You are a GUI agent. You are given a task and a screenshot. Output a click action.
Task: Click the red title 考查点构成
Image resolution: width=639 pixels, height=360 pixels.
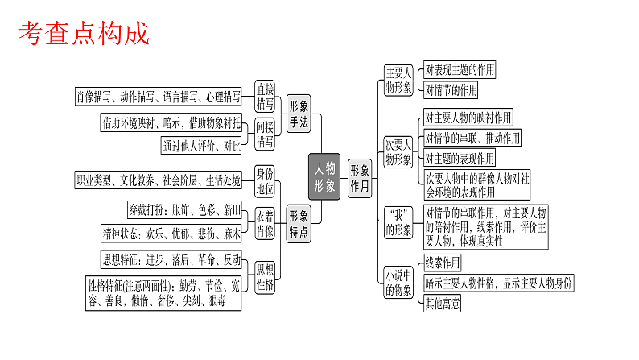point(84,33)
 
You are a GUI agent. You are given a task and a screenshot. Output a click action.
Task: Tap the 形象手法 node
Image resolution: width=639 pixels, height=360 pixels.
point(299,114)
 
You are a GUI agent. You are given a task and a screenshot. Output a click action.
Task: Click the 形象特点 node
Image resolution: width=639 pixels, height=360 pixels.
point(299,224)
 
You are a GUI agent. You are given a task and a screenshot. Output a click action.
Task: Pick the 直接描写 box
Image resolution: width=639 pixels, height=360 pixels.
point(265,97)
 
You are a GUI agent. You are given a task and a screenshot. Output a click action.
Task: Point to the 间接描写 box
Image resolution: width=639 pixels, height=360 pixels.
point(265,133)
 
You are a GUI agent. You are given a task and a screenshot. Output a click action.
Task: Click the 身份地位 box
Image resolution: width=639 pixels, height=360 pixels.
point(265,180)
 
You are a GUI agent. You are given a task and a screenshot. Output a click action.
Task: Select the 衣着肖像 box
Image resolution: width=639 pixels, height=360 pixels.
point(265,222)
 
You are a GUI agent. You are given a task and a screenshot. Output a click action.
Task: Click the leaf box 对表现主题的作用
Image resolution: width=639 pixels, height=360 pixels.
point(460,70)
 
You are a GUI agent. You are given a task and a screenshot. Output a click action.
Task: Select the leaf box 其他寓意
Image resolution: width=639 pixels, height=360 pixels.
point(443,304)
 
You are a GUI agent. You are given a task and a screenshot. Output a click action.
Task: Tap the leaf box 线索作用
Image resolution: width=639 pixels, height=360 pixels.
point(443,263)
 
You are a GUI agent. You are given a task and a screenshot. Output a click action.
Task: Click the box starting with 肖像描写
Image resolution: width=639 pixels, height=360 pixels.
point(158,97)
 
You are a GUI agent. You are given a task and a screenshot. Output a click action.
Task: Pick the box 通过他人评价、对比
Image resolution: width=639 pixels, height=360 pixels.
point(201,146)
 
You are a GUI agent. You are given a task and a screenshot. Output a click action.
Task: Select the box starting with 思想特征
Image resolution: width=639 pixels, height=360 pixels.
point(171,259)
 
